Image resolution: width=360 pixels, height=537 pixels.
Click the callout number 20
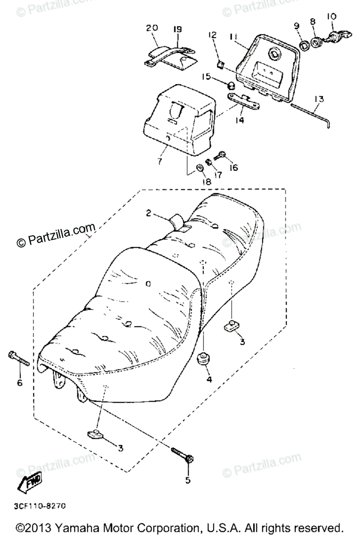click(x=152, y=28)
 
